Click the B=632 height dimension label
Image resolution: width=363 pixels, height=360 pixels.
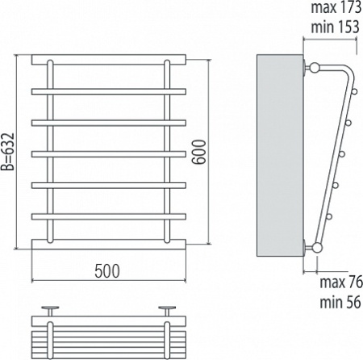click(x=7, y=152)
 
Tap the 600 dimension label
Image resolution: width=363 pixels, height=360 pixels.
click(x=199, y=152)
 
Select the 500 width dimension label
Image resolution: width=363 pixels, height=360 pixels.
click(x=107, y=271)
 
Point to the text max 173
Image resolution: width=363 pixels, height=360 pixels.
click(x=336, y=7)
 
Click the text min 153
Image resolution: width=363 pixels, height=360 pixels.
click(x=335, y=27)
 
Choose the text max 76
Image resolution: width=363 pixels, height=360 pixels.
click(x=341, y=282)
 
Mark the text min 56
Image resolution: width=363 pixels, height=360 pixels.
click(x=340, y=302)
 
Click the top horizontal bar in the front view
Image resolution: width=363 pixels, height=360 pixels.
click(x=109, y=60)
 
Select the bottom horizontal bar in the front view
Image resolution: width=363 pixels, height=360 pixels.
click(x=109, y=244)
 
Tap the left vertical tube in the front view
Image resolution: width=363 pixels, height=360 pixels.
click(x=50, y=152)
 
